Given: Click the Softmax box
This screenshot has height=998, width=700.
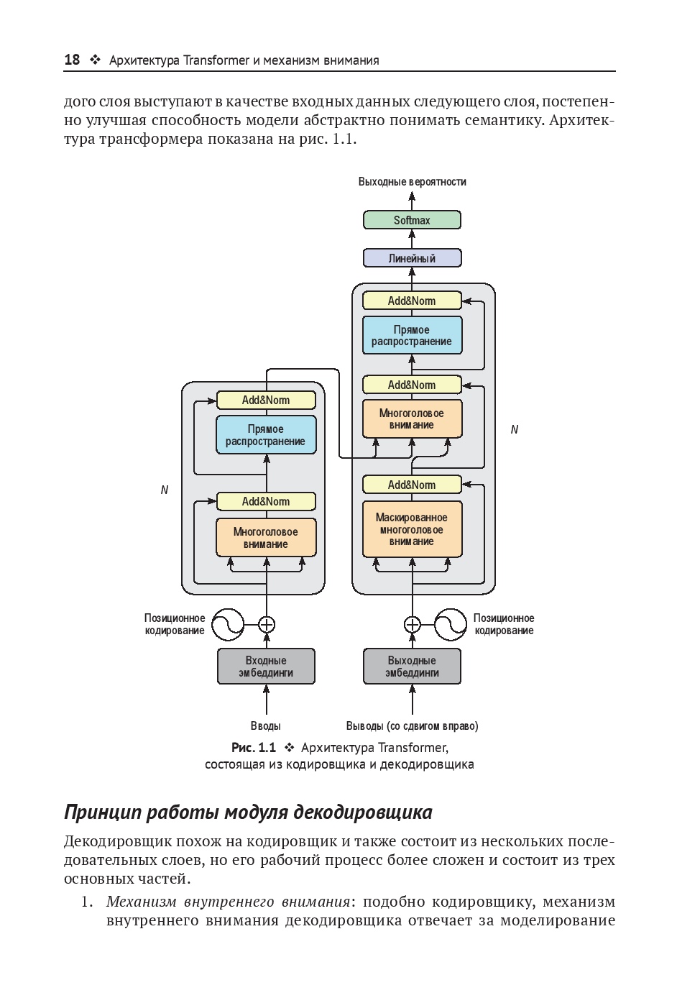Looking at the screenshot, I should [412, 220].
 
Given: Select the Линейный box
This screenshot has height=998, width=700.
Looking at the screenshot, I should [412, 258].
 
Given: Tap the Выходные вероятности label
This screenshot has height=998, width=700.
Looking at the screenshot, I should [412, 182].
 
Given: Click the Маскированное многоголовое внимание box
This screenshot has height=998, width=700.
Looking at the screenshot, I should [412, 529].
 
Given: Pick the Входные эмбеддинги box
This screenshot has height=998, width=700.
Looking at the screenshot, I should [266, 667].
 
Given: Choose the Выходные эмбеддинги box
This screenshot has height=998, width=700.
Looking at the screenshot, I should [412, 667].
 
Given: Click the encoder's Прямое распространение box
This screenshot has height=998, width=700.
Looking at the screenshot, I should [266, 435].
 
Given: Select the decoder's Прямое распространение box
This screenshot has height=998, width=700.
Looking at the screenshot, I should [412, 336].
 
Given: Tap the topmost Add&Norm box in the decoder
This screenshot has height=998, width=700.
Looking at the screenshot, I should [412, 301].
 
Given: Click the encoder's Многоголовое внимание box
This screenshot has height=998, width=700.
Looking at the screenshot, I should [266, 538].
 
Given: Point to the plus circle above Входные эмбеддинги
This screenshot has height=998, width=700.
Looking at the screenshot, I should [267, 624].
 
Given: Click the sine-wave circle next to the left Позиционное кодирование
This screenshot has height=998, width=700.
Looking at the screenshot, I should [228, 624].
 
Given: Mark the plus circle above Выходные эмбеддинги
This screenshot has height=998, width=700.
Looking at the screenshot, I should [413, 624].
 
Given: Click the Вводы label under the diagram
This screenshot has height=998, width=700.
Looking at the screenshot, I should [266, 726].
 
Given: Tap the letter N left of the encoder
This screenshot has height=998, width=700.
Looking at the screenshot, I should [165, 490].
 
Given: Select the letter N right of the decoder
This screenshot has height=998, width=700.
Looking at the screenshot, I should [515, 429].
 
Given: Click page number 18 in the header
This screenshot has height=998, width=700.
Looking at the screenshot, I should [72, 60].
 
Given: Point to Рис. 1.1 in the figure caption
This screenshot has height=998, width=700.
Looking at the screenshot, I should [254, 748].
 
